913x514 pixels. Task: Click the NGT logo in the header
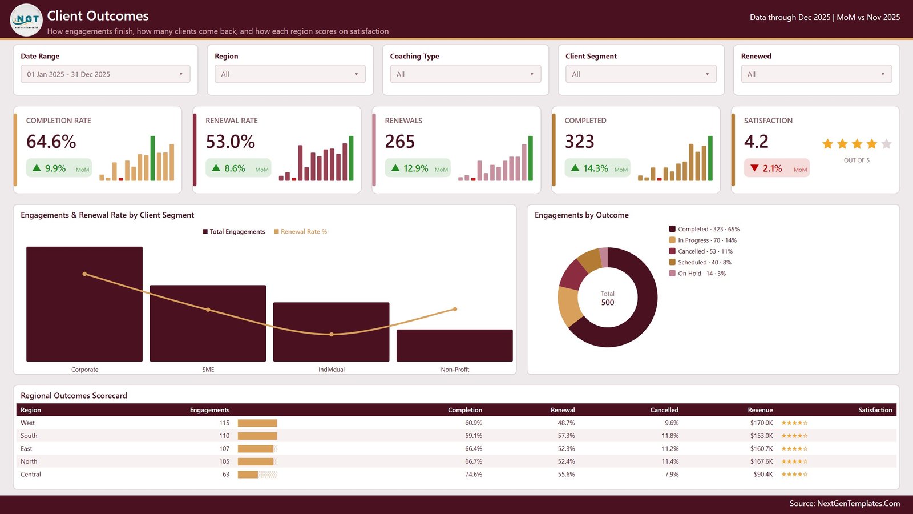pos(26,19)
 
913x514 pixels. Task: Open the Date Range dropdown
pos(106,74)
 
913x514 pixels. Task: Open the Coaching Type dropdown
pos(466,74)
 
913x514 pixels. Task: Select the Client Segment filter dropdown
pos(641,74)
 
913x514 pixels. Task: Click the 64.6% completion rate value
pos(51,142)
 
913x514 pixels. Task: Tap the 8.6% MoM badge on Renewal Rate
pos(238,168)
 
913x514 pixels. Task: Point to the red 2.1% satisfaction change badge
pos(777,168)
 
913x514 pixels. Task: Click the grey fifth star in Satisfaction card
pos(886,144)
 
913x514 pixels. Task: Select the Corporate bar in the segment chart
pos(84,304)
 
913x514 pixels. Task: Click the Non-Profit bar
pos(454,346)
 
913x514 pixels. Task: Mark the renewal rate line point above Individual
pos(332,335)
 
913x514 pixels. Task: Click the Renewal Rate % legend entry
pos(300,232)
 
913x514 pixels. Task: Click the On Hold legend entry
pos(697,274)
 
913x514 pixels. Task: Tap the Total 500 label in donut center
pos(607,299)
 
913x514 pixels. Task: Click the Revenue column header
pos(760,410)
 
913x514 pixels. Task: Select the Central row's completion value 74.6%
pos(474,475)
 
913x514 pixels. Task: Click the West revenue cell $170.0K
pos(761,423)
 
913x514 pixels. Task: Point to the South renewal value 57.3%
pos(566,436)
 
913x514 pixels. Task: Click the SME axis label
pos(208,370)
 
